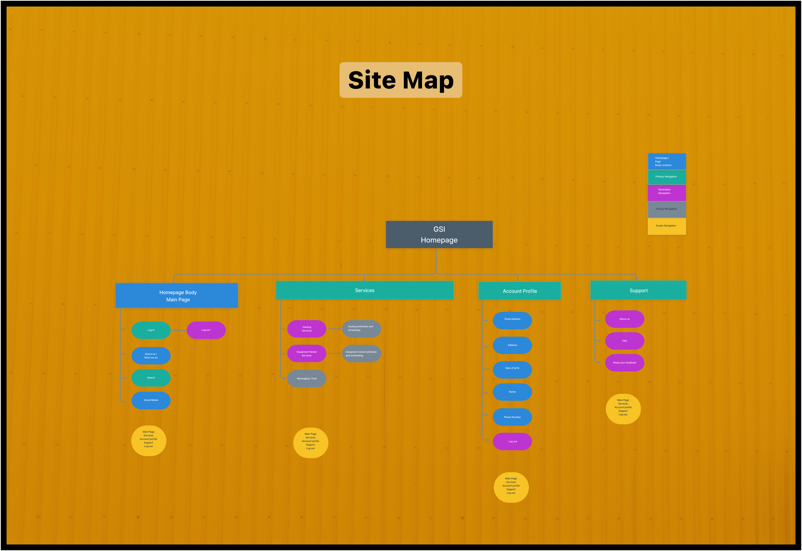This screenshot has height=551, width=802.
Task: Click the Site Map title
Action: click(401, 80)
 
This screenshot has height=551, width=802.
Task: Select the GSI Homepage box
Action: click(439, 234)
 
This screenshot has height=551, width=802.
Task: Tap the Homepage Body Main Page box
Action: click(177, 296)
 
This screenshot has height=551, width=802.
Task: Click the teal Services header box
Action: click(365, 290)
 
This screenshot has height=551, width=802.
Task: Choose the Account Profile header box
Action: click(520, 291)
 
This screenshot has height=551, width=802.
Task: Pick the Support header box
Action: click(638, 290)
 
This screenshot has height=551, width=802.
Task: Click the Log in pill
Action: click(151, 330)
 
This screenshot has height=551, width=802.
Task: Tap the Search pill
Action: click(151, 378)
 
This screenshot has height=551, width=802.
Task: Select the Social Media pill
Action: click(151, 400)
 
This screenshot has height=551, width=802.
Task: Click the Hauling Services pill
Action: click(307, 329)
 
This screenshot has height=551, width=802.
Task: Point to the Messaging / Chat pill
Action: click(307, 378)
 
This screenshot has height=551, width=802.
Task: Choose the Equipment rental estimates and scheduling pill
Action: click(361, 354)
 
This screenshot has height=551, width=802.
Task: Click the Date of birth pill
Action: click(512, 368)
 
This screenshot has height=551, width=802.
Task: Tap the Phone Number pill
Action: click(512, 417)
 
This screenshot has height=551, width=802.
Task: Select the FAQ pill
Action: click(624, 341)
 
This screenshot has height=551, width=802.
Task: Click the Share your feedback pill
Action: click(624, 363)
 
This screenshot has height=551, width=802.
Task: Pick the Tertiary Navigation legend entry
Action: click(667, 209)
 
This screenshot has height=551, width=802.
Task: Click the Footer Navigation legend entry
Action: click(667, 226)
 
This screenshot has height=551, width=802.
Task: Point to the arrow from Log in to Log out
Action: click(178, 330)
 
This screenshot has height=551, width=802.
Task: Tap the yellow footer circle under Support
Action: click(623, 409)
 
